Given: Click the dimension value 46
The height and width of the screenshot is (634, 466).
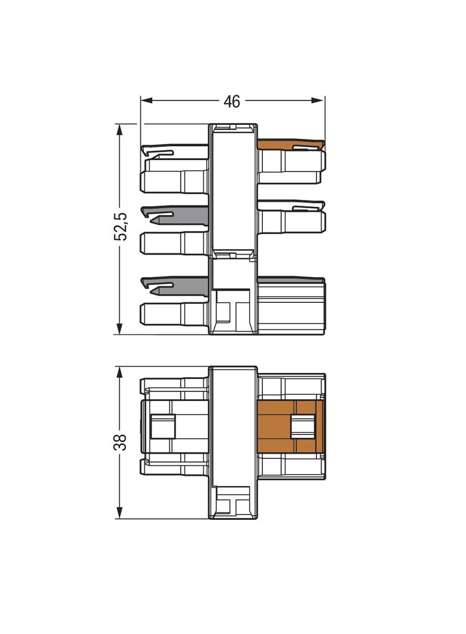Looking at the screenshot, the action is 232,102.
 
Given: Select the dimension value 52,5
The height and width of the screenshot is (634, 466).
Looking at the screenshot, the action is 121,227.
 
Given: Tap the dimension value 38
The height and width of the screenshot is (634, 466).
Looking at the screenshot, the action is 121,442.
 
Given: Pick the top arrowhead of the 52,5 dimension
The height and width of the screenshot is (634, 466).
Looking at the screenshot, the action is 119,130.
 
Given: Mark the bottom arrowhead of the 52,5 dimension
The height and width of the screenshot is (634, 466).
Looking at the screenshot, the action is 119,328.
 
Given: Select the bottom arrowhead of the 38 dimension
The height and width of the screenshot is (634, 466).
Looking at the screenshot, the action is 119,513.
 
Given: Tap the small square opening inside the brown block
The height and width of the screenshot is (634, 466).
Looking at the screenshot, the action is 303,426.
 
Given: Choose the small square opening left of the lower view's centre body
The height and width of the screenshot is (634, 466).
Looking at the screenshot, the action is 163,426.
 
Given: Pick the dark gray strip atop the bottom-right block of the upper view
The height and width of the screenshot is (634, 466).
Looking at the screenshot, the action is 291,280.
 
